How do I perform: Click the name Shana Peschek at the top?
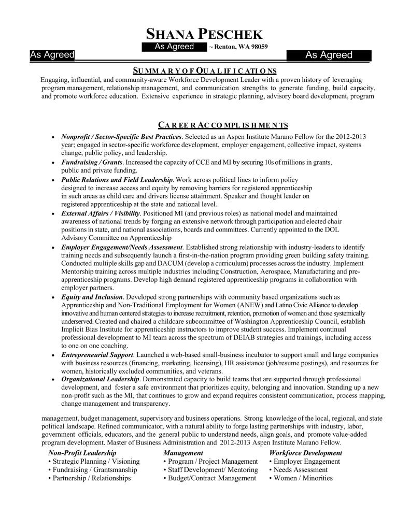205,34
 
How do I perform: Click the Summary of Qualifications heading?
205,70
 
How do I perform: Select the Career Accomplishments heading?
223,125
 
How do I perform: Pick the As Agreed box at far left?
52,55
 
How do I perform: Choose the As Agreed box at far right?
329,55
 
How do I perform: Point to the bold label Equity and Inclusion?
92,297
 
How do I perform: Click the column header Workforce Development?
306,453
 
